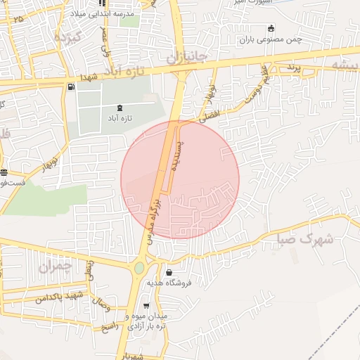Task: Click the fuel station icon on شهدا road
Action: (x=70, y=87)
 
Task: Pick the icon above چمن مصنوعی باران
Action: (x=271, y=28)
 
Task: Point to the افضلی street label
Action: (x=210, y=115)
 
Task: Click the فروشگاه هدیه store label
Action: (x=169, y=283)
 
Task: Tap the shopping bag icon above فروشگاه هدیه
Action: (x=169, y=272)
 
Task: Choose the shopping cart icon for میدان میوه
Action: (x=146, y=306)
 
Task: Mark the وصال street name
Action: (x=101, y=307)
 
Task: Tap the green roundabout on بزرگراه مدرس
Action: (x=139, y=267)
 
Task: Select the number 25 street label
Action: (x=17, y=18)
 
